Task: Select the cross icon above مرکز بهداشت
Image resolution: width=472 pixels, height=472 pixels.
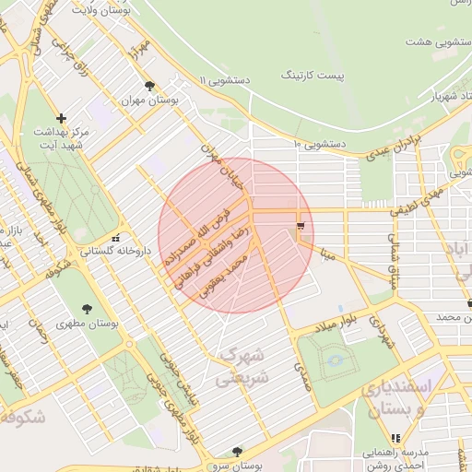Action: [61, 118]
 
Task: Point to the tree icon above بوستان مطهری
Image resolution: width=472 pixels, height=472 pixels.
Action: [87, 310]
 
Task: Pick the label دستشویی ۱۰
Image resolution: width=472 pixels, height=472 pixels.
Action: [318, 144]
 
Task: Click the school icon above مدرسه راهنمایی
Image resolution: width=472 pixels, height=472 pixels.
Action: [396, 438]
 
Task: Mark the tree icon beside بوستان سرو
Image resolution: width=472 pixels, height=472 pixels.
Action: [237, 452]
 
